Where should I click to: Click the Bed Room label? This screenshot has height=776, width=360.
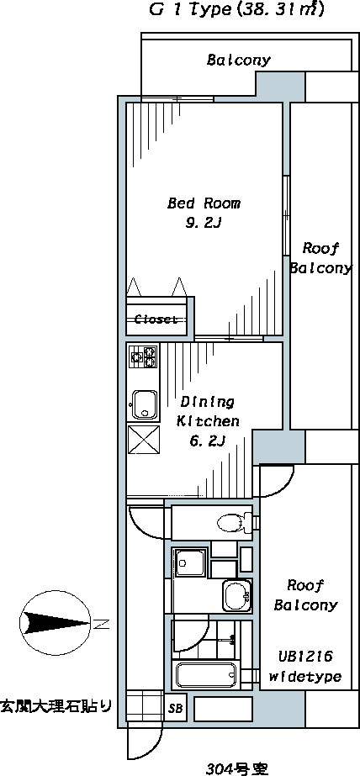pyautogui.click(x=204, y=203)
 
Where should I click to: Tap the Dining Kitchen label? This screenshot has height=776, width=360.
pyautogui.click(x=208, y=411)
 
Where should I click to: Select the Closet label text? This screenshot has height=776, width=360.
pyautogui.click(x=156, y=319)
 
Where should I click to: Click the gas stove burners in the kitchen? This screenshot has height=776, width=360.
pyautogui.click(x=144, y=356)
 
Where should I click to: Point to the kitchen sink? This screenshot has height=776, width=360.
pyautogui.click(x=144, y=404)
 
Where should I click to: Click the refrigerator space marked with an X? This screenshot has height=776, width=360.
pyautogui.click(x=144, y=440)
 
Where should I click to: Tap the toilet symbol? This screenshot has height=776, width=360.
pyautogui.click(x=236, y=523)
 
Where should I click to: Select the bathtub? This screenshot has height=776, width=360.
pyautogui.click(x=206, y=674)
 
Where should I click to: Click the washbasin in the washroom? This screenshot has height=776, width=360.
pyautogui.click(x=236, y=595)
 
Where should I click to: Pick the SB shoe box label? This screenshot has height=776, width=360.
pyautogui.click(x=175, y=708)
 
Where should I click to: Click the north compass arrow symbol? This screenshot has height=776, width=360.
pyautogui.click(x=56, y=621)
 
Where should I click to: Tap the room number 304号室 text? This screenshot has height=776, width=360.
pyautogui.click(x=236, y=768)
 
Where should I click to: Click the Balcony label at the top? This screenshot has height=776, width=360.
pyautogui.click(x=239, y=61)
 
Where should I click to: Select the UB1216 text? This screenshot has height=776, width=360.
pyautogui.click(x=304, y=657)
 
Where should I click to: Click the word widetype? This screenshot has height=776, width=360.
pyautogui.click(x=305, y=677)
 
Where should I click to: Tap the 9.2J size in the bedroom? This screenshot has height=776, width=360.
pyautogui.click(x=203, y=224)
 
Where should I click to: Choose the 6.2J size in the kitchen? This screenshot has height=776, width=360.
pyautogui.click(x=208, y=440)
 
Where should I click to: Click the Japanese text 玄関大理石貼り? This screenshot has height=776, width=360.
pyautogui.click(x=56, y=705)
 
